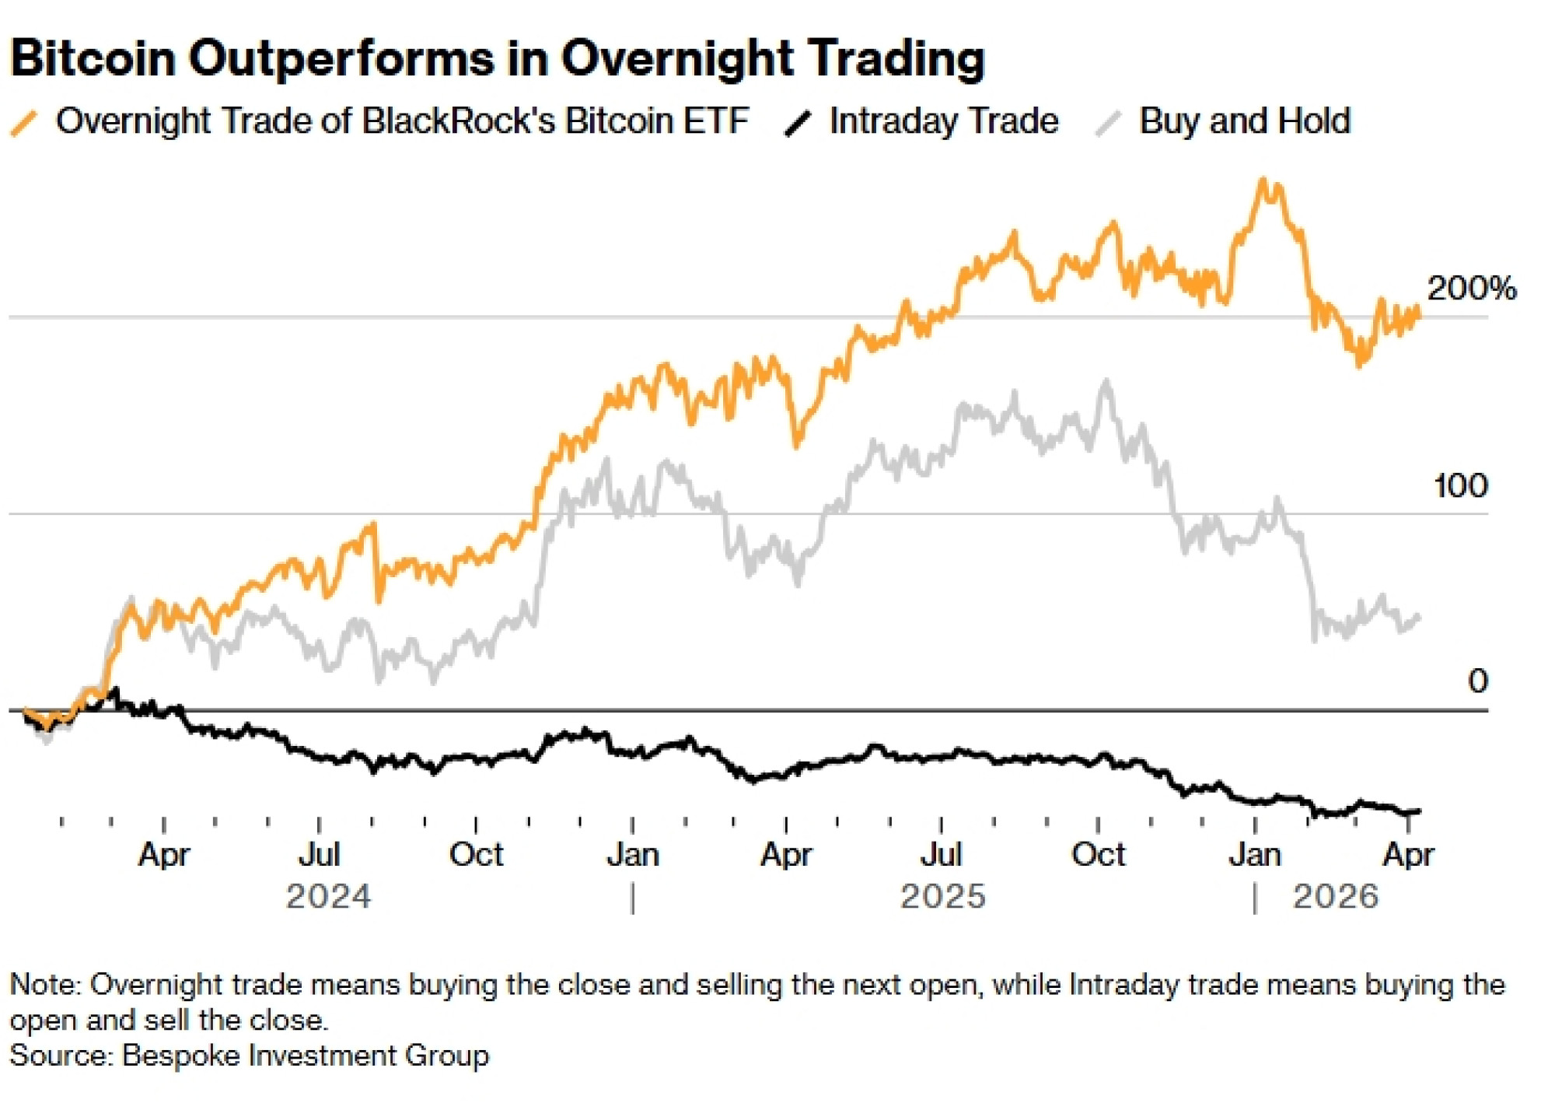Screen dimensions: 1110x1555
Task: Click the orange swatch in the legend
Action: [24, 124]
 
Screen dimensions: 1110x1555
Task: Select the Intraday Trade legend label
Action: [943, 121]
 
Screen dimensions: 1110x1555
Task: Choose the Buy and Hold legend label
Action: [1245, 121]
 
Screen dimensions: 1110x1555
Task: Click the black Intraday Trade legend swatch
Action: [798, 124]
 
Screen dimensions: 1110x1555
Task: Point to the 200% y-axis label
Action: [1472, 289]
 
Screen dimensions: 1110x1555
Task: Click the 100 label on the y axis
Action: [1460, 486]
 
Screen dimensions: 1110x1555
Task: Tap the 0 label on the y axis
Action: [1477, 681]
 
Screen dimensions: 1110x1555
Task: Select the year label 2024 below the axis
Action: [328, 897]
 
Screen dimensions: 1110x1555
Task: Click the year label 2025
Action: [942, 897]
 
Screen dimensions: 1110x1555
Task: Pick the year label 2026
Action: [1335, 897]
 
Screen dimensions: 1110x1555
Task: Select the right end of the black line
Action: [1419, 811]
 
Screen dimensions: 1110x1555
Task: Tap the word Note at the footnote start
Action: [44, 985]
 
